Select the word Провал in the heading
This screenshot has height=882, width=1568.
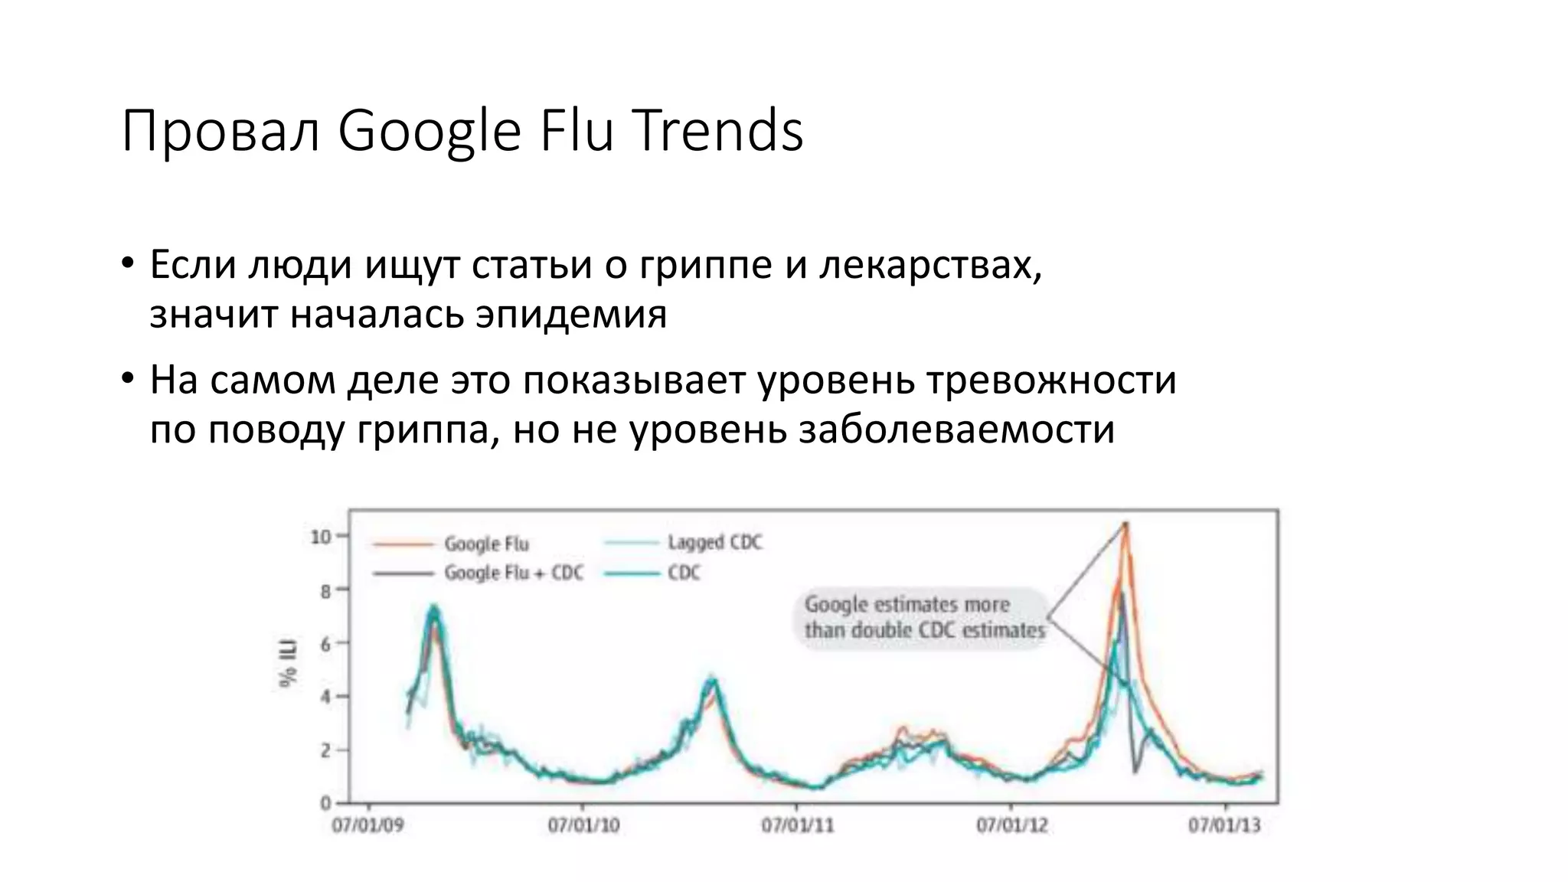[x=220, y=132]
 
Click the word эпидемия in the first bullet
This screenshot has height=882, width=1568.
[x=570, y=314]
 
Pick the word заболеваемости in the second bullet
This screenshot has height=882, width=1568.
[x=956, y=430]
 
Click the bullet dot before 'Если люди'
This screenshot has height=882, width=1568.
[x=128, y=265]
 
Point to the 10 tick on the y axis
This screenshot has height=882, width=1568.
[x=321, y=537]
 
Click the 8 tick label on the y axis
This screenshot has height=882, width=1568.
[x=325, y=591]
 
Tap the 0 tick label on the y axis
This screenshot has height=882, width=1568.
[x=325, y=803]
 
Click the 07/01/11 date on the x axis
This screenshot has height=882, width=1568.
[x=797, y=826]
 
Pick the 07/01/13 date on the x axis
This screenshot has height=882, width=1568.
[x=1224, y=826]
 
